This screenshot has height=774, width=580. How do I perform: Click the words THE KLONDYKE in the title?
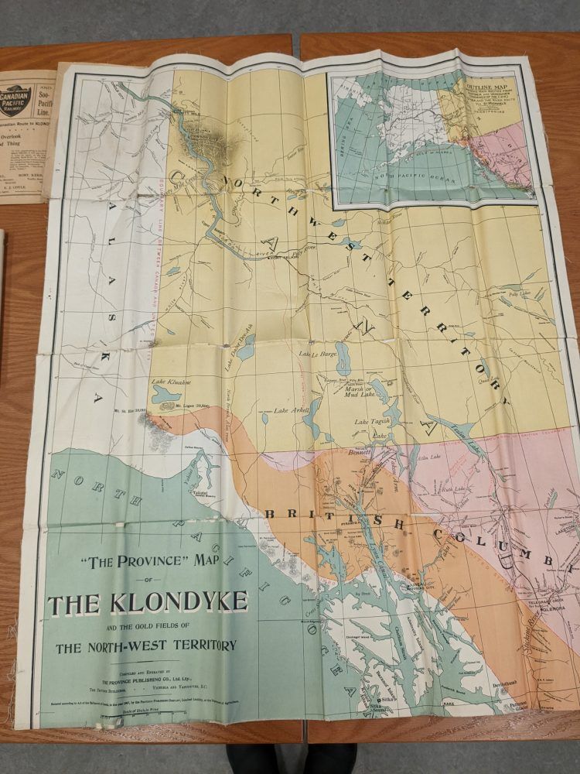click(148, 601)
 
